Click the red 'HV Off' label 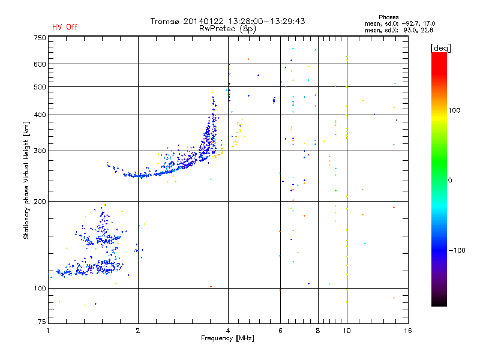coord(64,27)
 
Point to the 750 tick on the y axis coord(40,38)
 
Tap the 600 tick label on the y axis coord(40,64)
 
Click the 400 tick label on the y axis coord(40,115)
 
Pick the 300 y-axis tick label coord(40,151)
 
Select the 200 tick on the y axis coord(40,201)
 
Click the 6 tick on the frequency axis coord(281,331)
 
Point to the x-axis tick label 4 coord(228,331)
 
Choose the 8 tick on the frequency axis coord(318,331)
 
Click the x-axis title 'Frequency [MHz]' coord(227,338)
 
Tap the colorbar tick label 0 coord(452,179)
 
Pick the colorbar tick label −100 coord(458,250)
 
